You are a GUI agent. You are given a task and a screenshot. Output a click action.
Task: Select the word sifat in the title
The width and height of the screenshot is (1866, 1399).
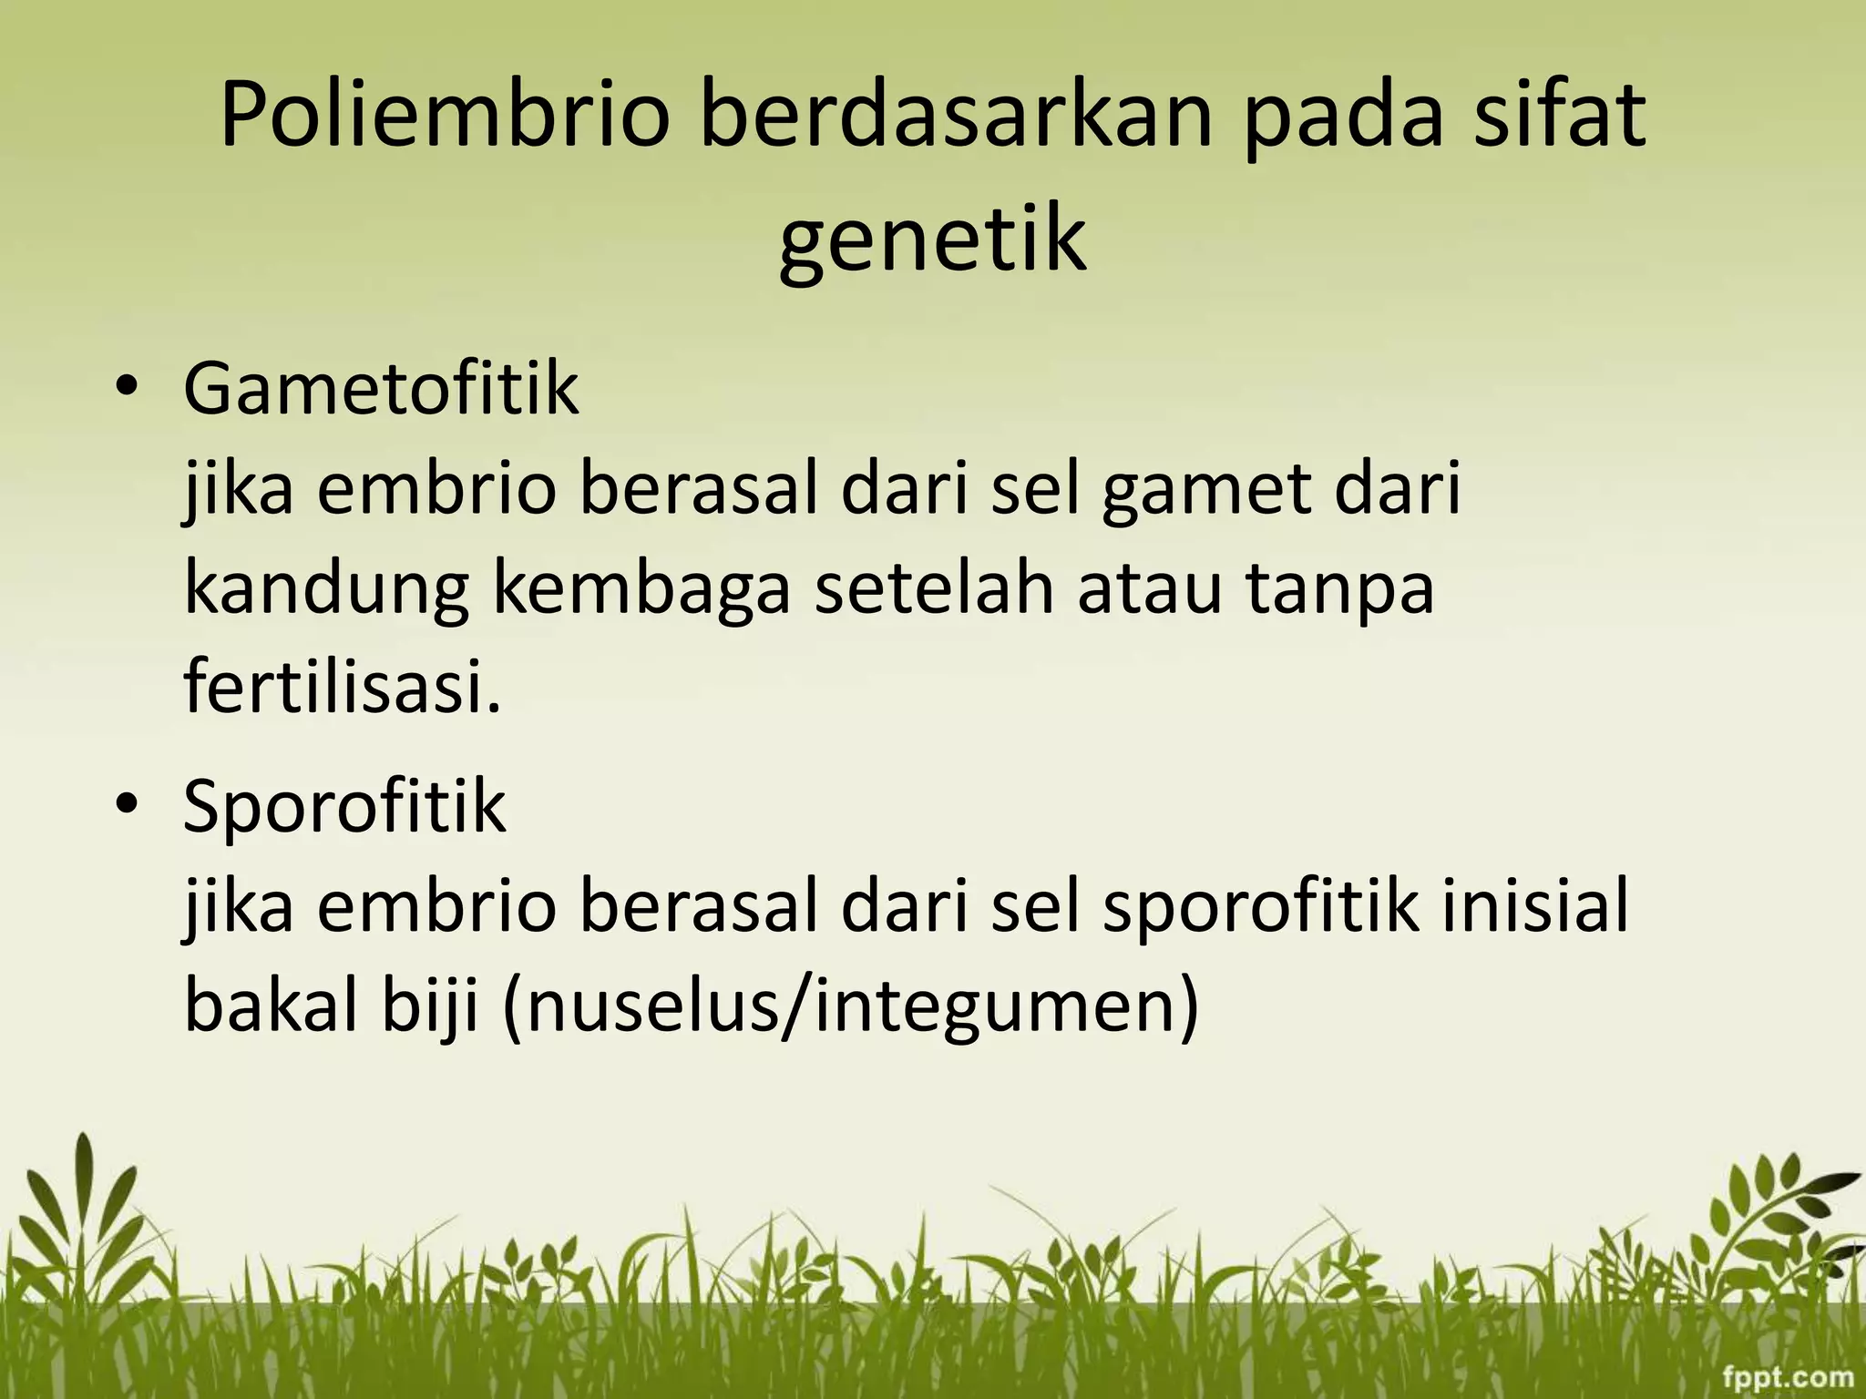coord(1560,117)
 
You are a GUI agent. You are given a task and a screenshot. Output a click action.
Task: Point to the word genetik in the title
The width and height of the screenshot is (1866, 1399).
coord(933,241)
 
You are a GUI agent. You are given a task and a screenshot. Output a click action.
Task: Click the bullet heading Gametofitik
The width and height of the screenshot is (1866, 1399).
coord(381,390)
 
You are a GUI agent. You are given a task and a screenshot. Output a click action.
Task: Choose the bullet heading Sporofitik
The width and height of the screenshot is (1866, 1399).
coord(344,807)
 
